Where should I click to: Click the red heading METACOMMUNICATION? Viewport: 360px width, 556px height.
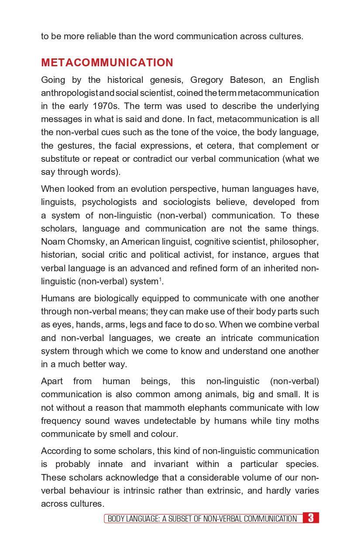(107, 63)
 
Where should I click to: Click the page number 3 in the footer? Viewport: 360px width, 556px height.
(311, 518)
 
